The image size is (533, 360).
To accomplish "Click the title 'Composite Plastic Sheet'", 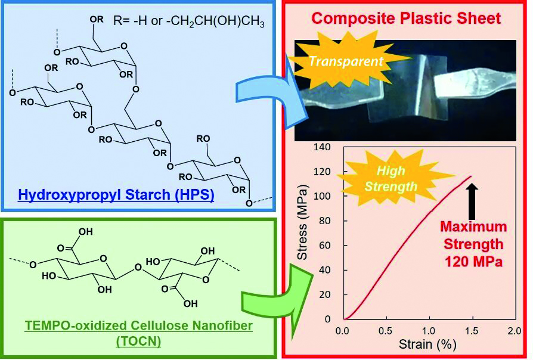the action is [406, 18].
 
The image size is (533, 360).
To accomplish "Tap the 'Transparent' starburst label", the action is [346, 61].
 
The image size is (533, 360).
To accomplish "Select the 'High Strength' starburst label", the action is [391, 178].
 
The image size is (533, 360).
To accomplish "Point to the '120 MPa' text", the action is [473, 262].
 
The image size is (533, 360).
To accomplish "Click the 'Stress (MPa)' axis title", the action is [302, 222].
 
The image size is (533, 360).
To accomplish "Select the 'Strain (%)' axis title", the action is [427, 344].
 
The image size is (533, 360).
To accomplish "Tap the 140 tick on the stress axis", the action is [323, 147].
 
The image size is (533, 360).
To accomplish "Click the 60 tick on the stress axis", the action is [325, 246].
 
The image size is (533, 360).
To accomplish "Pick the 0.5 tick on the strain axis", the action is [385, 330].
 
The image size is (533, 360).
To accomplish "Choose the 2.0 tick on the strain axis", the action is [515, 330].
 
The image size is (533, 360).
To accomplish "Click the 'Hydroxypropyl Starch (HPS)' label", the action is [116, 195].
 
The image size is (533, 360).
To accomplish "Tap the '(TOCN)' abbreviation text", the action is [139, 341].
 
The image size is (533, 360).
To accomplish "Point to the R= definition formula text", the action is [189, 21].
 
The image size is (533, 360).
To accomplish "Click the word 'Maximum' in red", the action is [473, 226].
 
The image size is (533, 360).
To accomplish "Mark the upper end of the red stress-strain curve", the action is [472, 176].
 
